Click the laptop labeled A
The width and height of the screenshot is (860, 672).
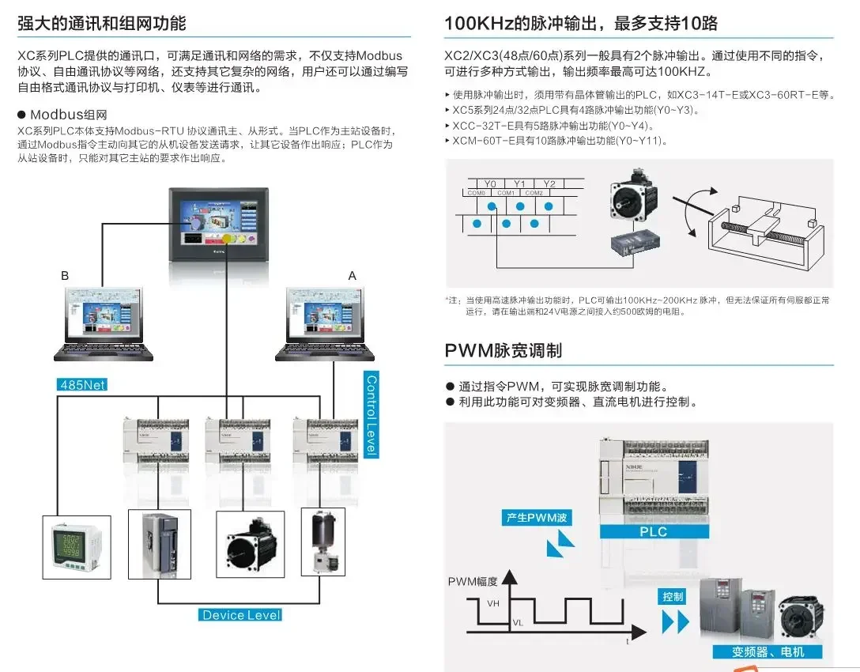(325, 323)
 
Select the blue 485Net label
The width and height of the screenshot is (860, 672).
(82, 385)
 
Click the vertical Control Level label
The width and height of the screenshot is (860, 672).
(371, 414)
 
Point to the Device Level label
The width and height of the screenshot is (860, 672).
(240, 614)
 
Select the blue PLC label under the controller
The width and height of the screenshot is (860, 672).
(653, 531)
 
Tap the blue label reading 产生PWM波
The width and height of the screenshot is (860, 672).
(537, 518)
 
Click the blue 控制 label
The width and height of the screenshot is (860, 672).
(673, 597)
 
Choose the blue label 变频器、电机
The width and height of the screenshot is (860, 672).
(768, 651)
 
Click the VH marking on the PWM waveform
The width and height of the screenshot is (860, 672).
(493, 603)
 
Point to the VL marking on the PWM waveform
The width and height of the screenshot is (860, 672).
(518, 622)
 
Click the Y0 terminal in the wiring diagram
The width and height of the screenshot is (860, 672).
(490, 184)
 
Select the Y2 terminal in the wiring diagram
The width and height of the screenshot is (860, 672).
(549, 184)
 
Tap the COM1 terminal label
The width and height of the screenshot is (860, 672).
(506, 193)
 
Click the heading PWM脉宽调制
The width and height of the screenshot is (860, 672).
(503, 351)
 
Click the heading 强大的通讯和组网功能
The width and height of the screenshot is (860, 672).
(102, 24)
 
